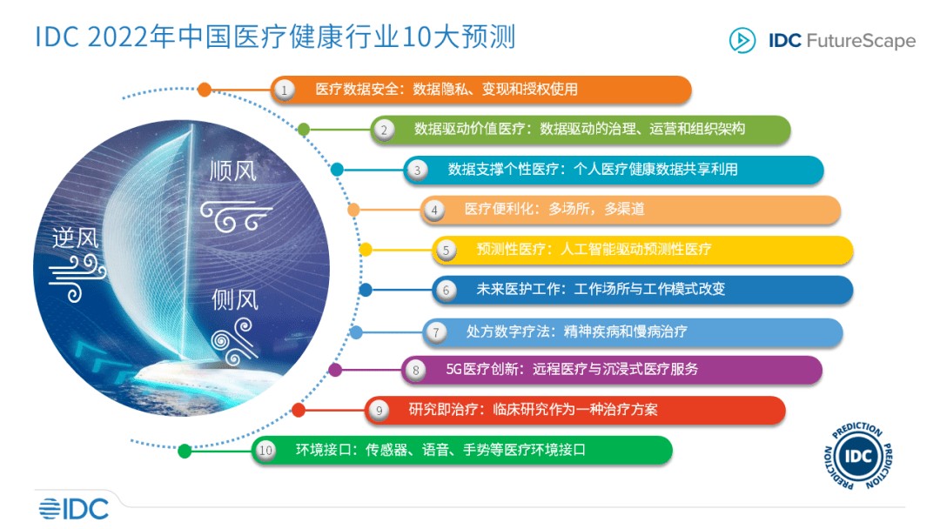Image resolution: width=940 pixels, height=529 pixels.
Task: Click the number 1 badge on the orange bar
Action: pos(284,90)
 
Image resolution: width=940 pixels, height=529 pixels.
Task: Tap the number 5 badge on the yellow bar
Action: pos(446,250)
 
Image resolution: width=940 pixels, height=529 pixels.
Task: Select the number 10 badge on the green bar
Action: pos(265,451)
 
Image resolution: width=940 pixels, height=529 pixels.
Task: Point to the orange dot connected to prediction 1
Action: pos(205,89)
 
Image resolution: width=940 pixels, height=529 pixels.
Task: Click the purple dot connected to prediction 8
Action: pos(336,370)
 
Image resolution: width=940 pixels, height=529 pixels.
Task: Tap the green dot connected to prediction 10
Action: pos(185,451)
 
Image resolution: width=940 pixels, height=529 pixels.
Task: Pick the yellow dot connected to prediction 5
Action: pos(366,250)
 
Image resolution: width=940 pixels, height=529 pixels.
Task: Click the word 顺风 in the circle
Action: pos(233,171)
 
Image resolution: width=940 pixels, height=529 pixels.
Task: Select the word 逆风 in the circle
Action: pos(76,238)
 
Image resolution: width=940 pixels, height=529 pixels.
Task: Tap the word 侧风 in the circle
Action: pos(235,300)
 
